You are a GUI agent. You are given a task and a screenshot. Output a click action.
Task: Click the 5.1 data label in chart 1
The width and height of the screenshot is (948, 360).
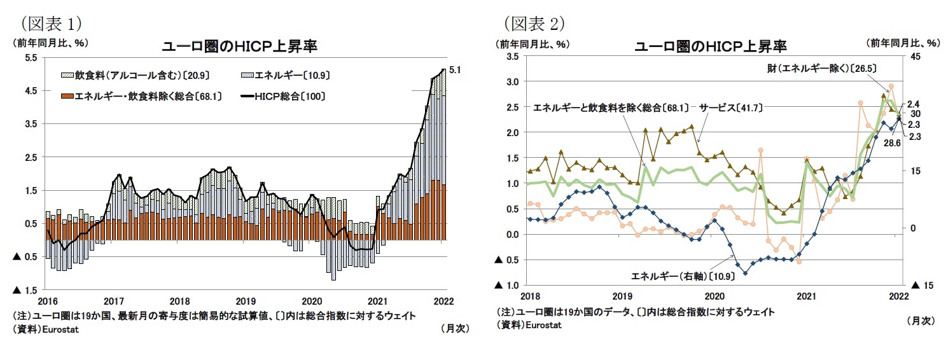pos(455,70)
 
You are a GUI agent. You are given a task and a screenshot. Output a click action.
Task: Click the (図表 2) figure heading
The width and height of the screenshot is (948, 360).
pos(534,24)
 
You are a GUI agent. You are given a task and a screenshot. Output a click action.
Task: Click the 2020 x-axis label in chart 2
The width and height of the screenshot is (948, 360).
pos(714,296)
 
